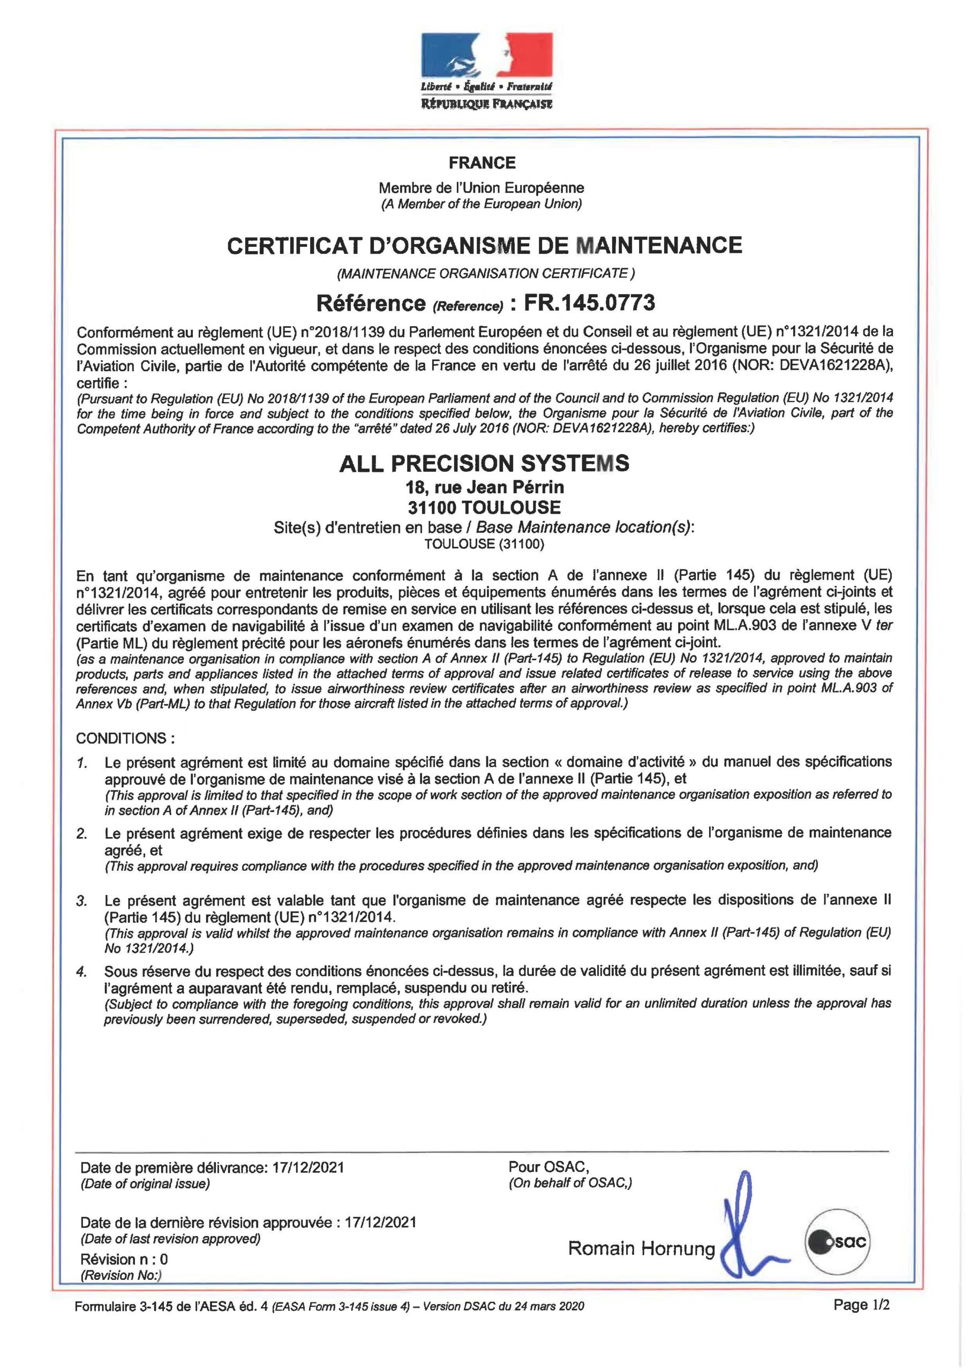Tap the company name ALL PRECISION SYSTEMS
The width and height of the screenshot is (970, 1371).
point(484,463)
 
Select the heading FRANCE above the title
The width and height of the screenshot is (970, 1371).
point(482,162)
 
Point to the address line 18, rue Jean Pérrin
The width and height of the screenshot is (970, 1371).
point(484,487)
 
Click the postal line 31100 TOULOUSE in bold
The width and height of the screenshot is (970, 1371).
point(484,508)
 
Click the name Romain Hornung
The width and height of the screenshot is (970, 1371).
point(641,1248)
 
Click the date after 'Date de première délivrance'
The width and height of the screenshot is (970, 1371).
point(308,1167)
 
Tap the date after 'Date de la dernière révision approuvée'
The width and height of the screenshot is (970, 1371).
point(380,1222)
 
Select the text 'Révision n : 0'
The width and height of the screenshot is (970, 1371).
point(124,1259)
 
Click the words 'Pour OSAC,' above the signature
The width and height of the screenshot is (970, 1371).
point(548,1166)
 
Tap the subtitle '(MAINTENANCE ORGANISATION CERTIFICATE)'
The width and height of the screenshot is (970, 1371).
point(485,274)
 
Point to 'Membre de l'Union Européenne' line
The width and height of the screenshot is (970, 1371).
point(482,187)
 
